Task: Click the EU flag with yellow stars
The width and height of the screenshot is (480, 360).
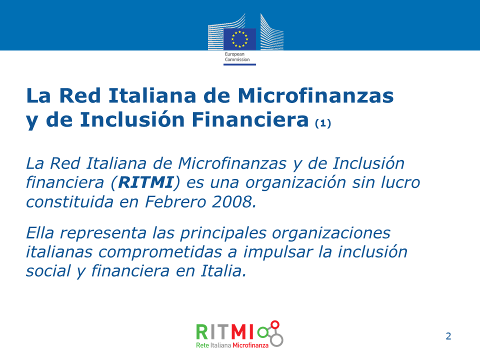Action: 239,39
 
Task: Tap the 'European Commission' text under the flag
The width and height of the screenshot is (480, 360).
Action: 237,57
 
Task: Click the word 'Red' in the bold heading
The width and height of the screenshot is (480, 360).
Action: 80,95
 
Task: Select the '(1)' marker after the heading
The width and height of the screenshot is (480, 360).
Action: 323,123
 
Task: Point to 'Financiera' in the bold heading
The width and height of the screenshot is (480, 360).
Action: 250,119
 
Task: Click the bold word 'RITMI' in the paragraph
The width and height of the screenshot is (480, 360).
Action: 145,182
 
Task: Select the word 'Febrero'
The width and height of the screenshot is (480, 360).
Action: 175,201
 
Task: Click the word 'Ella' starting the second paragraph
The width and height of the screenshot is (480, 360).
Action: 40,233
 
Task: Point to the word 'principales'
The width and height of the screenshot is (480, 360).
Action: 223,234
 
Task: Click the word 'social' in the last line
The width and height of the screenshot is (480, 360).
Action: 48,271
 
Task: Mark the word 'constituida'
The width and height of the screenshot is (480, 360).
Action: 69,201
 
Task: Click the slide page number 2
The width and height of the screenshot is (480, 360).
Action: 448,336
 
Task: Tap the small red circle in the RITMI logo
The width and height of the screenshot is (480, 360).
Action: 275,325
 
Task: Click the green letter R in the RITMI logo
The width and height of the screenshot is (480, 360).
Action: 201,332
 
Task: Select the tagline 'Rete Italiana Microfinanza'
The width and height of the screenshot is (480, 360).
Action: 232,345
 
